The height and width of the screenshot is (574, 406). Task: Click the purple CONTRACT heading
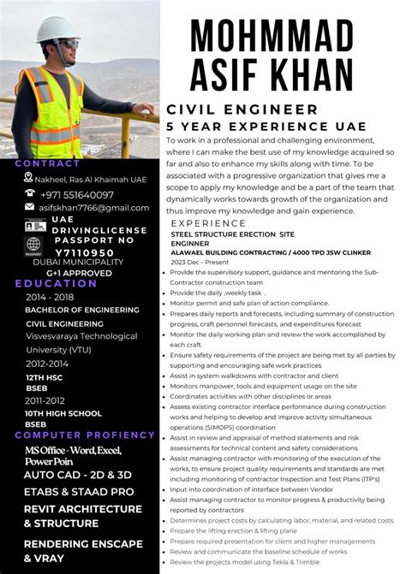pyautogui.click(x=48, y=163)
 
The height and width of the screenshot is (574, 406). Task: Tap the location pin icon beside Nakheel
pyautogui.click(x=28, y=178)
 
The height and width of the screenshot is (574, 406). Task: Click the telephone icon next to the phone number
pyautogui.click(x=28, y=194)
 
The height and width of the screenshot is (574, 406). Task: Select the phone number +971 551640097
pyautogui.click(x=77, y=194)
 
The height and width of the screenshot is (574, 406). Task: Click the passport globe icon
pyautogui.click(x=33, y=246)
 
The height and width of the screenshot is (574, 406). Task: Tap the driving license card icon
pyautogui.click(x=33, y=226)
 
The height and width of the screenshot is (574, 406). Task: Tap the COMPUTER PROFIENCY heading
pyautogui.click(x=78, y=435)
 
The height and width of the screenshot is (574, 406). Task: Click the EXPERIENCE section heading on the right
pyautogui.click(x=209, y=222)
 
